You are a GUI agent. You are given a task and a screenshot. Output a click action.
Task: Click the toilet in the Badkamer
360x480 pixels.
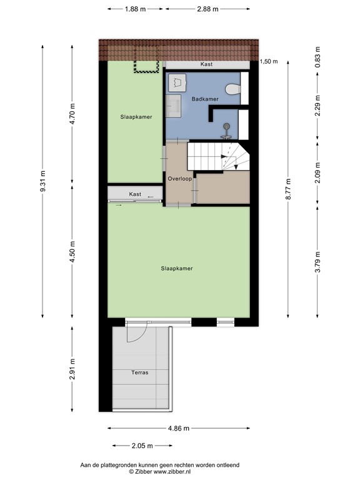click(233, 89)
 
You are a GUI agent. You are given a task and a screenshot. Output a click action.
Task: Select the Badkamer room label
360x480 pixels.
click(205, 99)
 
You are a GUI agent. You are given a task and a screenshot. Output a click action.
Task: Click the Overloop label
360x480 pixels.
click(180, 179)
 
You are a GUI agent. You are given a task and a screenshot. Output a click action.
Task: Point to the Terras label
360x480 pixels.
click(139, 372)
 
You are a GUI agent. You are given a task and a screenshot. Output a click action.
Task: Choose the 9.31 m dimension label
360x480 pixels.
click(42, 181)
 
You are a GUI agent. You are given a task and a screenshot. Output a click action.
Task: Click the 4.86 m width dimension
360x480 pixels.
click(179, 428)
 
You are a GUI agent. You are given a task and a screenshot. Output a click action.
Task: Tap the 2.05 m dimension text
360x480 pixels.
click(142, 446)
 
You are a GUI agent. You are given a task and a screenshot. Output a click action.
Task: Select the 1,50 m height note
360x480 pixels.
click(269, 61)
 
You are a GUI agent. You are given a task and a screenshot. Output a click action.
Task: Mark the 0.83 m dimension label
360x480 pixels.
click(317, 57)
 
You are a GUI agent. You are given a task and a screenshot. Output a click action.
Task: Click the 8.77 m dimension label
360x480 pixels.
click(288, 189)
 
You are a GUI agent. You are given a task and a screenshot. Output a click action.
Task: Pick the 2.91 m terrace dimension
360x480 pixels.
click(72, 369)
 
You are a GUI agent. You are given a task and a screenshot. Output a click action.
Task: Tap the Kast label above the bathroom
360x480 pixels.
click(206, 64)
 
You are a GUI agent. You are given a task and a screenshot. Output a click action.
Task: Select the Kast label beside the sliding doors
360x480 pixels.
click(135, 194)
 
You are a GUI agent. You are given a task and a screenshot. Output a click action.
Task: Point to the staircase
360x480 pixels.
click(218, 156)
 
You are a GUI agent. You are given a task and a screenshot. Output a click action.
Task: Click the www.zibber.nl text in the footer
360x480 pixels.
click(172, 472)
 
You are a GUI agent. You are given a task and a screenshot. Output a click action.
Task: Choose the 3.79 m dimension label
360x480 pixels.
click(317, 262)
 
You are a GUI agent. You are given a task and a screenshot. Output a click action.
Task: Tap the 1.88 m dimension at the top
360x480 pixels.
click(135, 9)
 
